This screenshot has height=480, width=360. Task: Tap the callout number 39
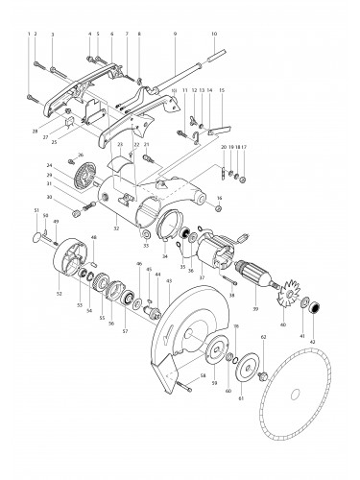(x=256, y=309)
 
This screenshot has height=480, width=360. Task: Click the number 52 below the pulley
(x=60, y=294)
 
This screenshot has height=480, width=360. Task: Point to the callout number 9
(x=176, y=34)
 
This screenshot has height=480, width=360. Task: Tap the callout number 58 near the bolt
(x=204, y=374)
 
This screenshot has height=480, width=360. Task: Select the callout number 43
(x=170, y=279)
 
